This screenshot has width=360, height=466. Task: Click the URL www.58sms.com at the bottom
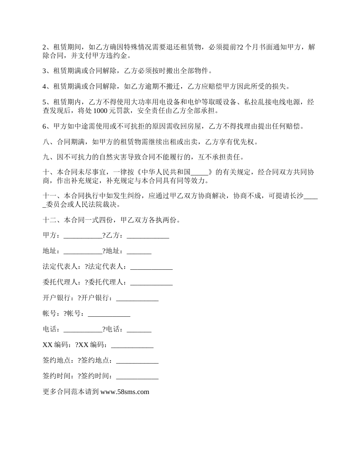[x=125, y=392]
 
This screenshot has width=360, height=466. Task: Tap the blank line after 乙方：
[x=148, y=235]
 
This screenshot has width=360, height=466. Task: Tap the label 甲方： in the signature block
[x=51, y=235]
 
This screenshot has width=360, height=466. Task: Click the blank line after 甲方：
[x=83, y=235]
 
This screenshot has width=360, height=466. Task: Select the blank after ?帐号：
[x=109, y=314]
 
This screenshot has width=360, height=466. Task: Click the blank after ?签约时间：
[x=137, y=376]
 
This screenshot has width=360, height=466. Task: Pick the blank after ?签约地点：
[x=137, y=361]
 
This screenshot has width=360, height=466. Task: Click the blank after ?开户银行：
[x=137, y=298]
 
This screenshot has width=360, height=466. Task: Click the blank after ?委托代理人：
[x=151, y=282]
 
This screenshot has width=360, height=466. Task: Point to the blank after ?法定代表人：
[x=151, y=267]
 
